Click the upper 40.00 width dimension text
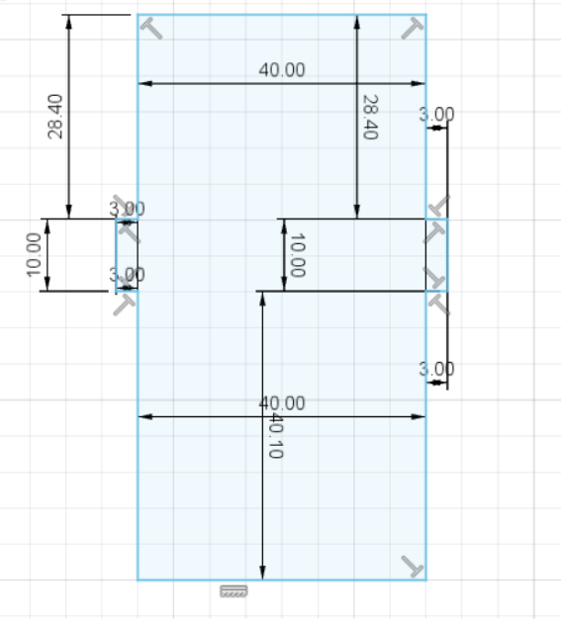tap(282, 70)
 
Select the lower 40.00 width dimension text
tap(282, 403)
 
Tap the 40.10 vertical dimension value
tap(276, 436)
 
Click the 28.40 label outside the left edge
tap(55, 117)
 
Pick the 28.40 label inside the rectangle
tap(370, 118)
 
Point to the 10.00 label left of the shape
tap(33, 255)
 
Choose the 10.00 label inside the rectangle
tap(298, 255)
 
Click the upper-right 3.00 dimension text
tap(436, 114)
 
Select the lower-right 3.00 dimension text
tap(436, 369)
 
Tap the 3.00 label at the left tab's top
tap(127, 209)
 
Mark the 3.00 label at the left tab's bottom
tap(127, 274)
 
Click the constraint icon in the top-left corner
tap(151, 28)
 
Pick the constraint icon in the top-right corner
tap(413, 28)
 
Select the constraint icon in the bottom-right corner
tap(413, 567)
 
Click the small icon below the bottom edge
tap(234, 591)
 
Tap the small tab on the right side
tap(436, 255)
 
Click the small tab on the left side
tap(127, 255)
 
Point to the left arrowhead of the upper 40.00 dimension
tap(145, 83)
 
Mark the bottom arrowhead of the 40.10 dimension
tap(262, 573)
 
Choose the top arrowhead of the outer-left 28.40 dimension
tap(68, 22)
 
